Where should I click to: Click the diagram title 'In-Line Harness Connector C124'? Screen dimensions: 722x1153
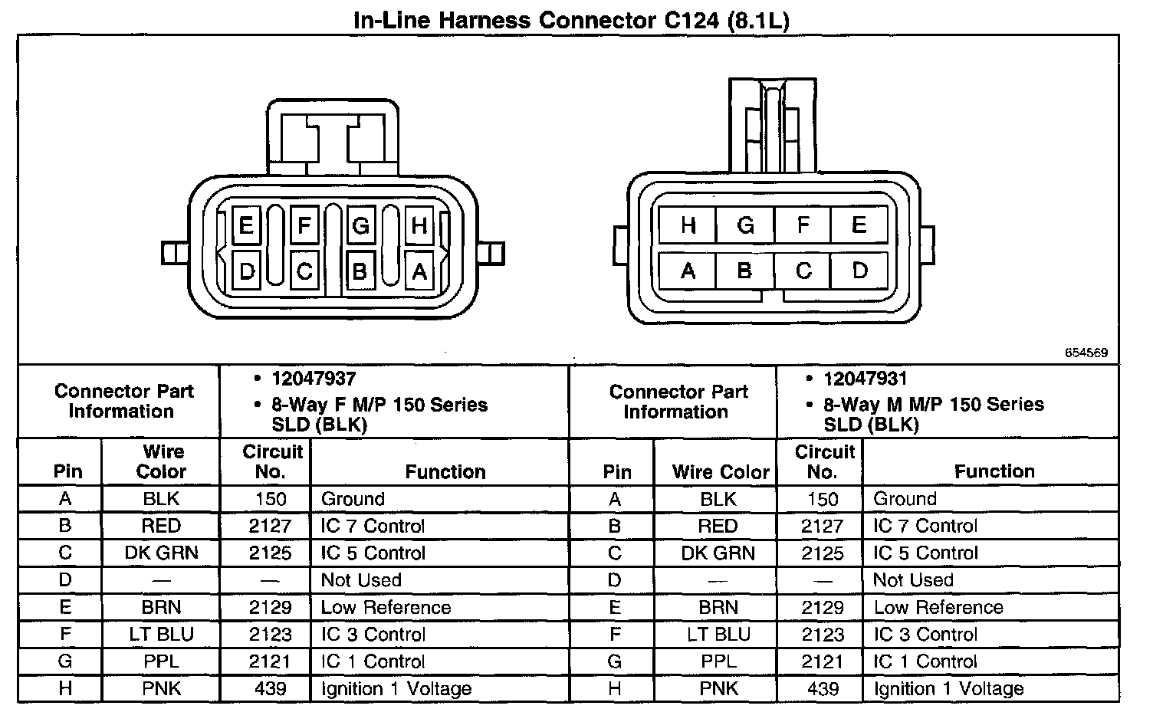tap(570, 20)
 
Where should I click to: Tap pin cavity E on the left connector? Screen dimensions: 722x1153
tap(246, 226)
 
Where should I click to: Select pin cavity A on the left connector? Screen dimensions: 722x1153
tap(419, 271)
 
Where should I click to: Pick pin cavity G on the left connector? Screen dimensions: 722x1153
tap(360, 226)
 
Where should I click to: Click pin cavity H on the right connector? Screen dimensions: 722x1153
tap(688, 225)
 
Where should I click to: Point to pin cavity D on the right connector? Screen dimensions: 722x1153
tap(859, 271)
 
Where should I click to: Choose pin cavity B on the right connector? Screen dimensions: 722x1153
tap(744, 271)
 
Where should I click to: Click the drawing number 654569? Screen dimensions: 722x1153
tap(1086, 353)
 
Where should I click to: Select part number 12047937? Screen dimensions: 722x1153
tap(314, 379)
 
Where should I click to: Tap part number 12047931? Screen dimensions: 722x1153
tap(866, 379)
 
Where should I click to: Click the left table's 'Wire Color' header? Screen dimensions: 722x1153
tap(161, 461)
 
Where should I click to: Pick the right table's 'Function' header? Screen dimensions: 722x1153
tap(994, 471)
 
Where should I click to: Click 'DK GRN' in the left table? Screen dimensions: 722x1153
tap(161, 553)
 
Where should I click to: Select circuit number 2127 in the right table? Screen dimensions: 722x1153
tap(822, 526)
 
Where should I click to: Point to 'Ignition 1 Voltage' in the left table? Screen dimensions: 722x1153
tap(396, 688)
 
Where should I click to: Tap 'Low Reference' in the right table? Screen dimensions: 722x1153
tap(938, 607)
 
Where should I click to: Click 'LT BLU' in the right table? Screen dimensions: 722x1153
tap(718, 635)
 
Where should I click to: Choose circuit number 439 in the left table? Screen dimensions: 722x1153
tap(271, 688)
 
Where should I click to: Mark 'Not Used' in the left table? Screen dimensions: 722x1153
tap(361, 580)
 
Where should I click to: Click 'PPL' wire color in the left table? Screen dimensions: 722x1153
tap(161, 661)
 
